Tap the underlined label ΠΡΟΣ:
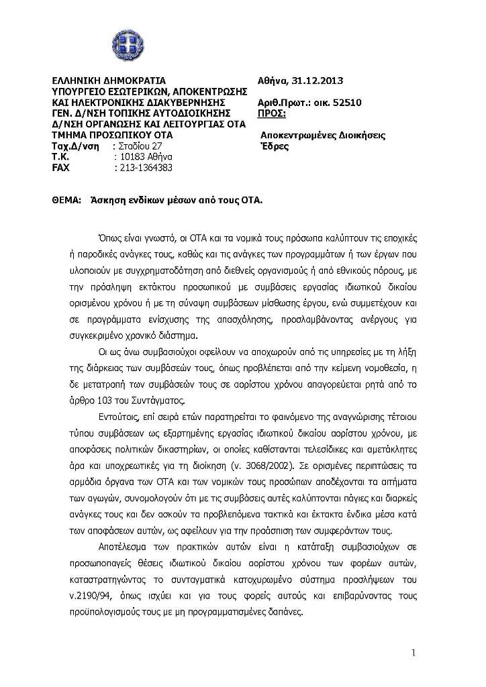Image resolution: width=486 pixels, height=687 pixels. tap(272, 113)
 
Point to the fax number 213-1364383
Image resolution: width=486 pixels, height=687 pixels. tap(144, 168)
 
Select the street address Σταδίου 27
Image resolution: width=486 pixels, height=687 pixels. tap(140, 146)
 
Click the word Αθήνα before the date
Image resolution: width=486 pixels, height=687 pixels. tap(273, 81)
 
